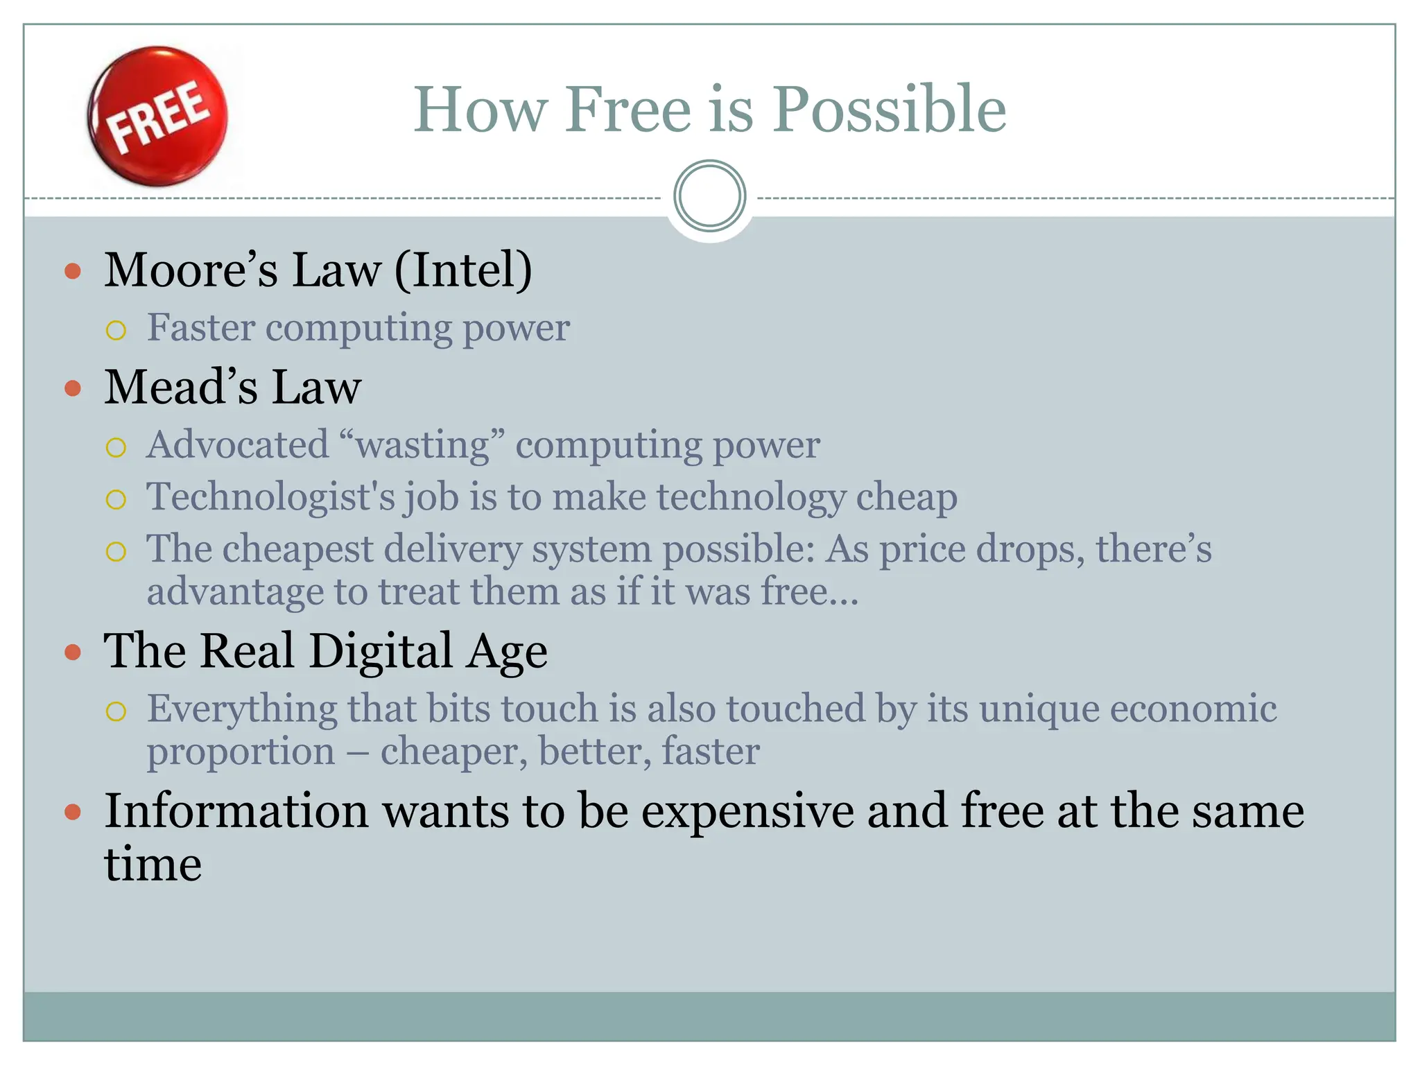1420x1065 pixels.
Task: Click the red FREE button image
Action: (158, 116)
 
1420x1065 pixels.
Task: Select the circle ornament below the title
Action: (709, 196)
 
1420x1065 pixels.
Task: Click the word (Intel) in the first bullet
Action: (463, 270)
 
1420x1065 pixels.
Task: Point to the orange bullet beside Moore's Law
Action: (73, 270)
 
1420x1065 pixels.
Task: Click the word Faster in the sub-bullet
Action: (201, 327)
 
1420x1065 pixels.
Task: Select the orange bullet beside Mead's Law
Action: (73, 388)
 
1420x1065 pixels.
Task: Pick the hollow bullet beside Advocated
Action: (116, 447)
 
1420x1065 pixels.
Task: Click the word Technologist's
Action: (270, 497)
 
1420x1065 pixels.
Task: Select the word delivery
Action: (453, 549)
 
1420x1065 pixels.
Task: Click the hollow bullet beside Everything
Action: (116, 711)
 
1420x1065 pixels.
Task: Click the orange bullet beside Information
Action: (73, 812)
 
